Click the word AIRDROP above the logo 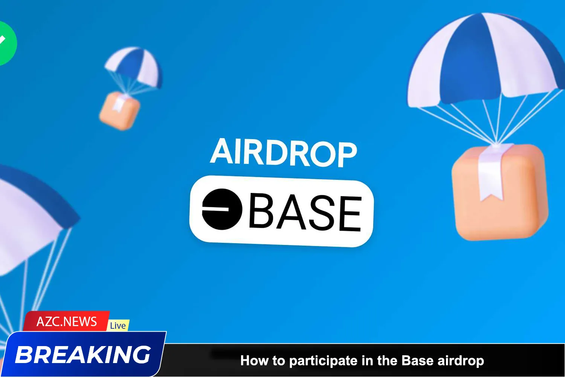[283, 153]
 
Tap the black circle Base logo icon [222, 209]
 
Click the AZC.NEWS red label [67, 322]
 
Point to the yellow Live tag [118, 325]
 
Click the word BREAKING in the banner [83, 355]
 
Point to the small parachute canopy [134, 66]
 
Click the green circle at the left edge [6, 43]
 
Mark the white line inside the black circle [215, 207]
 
